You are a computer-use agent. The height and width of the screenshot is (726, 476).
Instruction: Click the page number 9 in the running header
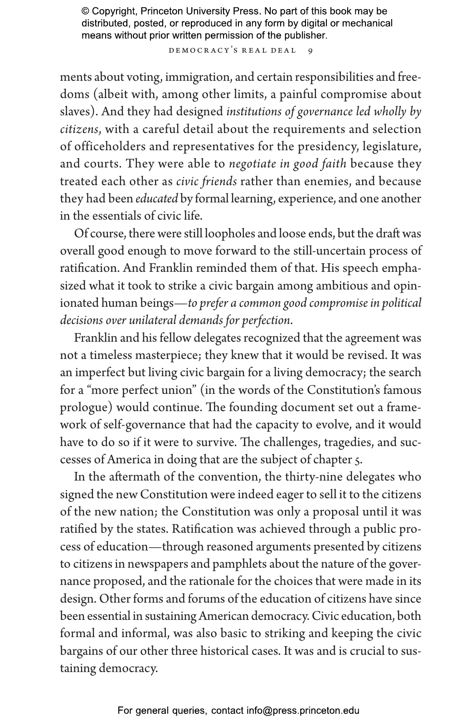coord(310,50)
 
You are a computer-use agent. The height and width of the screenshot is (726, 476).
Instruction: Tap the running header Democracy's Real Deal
coord(232,50)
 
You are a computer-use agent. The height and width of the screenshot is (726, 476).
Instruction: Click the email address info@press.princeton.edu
coord(303,711)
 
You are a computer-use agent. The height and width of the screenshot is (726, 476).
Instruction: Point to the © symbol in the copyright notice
coord(85,11)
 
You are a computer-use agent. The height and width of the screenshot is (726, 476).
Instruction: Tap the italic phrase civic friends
coord(206,181)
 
